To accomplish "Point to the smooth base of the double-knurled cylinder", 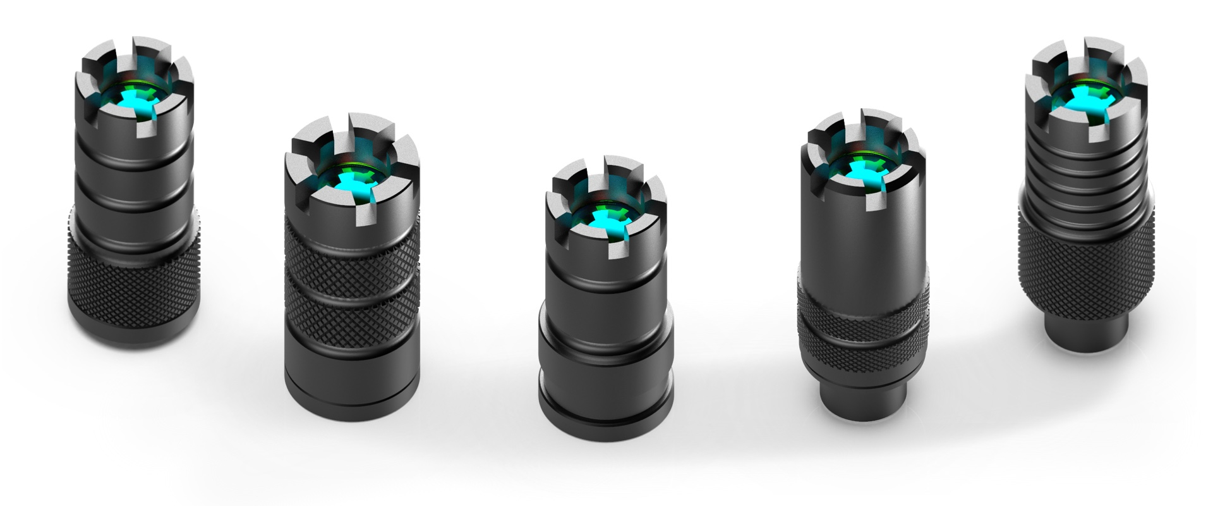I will [x=351, y=373].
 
